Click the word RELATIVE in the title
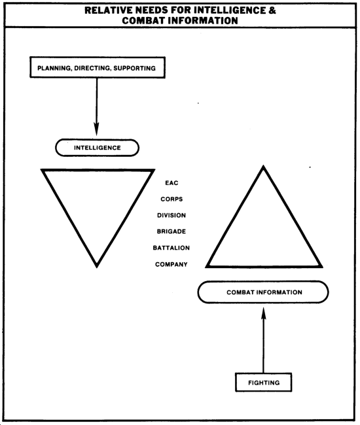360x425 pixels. [x=109, y=10]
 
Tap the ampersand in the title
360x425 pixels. [x=272, y=10]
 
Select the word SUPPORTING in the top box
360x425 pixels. [x=135, y=68]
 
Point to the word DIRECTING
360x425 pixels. [x=93, y=68]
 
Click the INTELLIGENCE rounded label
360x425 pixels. [x=97, y=148]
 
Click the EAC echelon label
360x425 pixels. [x=171, y=183]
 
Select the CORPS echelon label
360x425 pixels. [x=171, y=199]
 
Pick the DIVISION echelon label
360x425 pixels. [x=171, y=216]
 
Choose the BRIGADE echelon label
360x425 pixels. [x=171, y=231]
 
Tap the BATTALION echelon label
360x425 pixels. [x=171, y=248]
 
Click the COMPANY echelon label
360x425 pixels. [x=171, y=264]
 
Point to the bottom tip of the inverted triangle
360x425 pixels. [x=97, y=267]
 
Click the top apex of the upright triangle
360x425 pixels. [x=263, y=165]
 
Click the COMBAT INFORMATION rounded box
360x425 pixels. [x=263, y=292]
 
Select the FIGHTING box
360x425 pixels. [x=263, y=382]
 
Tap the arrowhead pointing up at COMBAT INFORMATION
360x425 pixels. [x=263, y=314]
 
